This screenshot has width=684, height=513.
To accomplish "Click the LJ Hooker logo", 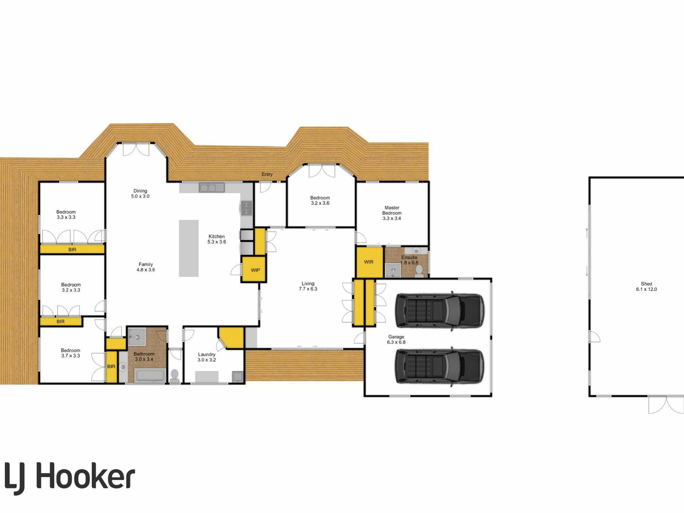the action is click(x=70, y=477).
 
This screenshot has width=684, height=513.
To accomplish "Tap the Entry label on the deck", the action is click(x=267, y=174).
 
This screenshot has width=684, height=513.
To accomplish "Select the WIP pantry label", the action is click(x=255, y=270).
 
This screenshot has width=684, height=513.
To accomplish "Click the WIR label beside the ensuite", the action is click(x=368, y=262).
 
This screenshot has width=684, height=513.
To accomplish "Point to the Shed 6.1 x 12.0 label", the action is click(x=646, y=286).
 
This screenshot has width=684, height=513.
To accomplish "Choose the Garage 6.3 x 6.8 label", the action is click(x=396, y=340).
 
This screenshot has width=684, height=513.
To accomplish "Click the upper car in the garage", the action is click(x=440, y=310).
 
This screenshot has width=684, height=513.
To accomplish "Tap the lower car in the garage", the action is click(x=440, y=366).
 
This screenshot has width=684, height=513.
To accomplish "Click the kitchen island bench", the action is click(x=188, y=248).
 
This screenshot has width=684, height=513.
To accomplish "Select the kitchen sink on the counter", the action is click(x=212, y=187).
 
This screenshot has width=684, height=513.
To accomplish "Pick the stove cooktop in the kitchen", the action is click(x=247, y=208).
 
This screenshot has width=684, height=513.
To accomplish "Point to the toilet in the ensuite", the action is click(x=419, y=270).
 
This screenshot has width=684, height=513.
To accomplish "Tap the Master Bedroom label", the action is click(x=392, y=213).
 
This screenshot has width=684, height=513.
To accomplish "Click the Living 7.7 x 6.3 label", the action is click(x=308, y=286).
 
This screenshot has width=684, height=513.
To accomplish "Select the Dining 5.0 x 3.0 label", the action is click(x=140, y=193).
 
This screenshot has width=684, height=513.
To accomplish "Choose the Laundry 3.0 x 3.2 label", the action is click(x=207, y=357).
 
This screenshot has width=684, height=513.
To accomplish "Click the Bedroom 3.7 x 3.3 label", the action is click(x=70, y=353).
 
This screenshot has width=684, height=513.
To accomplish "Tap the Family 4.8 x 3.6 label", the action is click(x=146, y=267).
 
